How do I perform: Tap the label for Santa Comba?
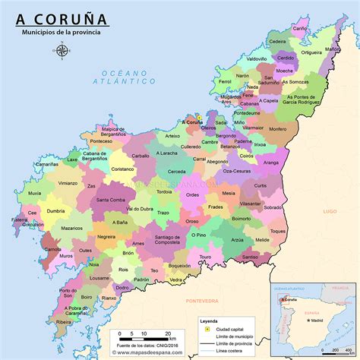[112, 200]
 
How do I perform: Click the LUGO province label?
[329, 210]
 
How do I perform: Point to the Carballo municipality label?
[141, 155]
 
